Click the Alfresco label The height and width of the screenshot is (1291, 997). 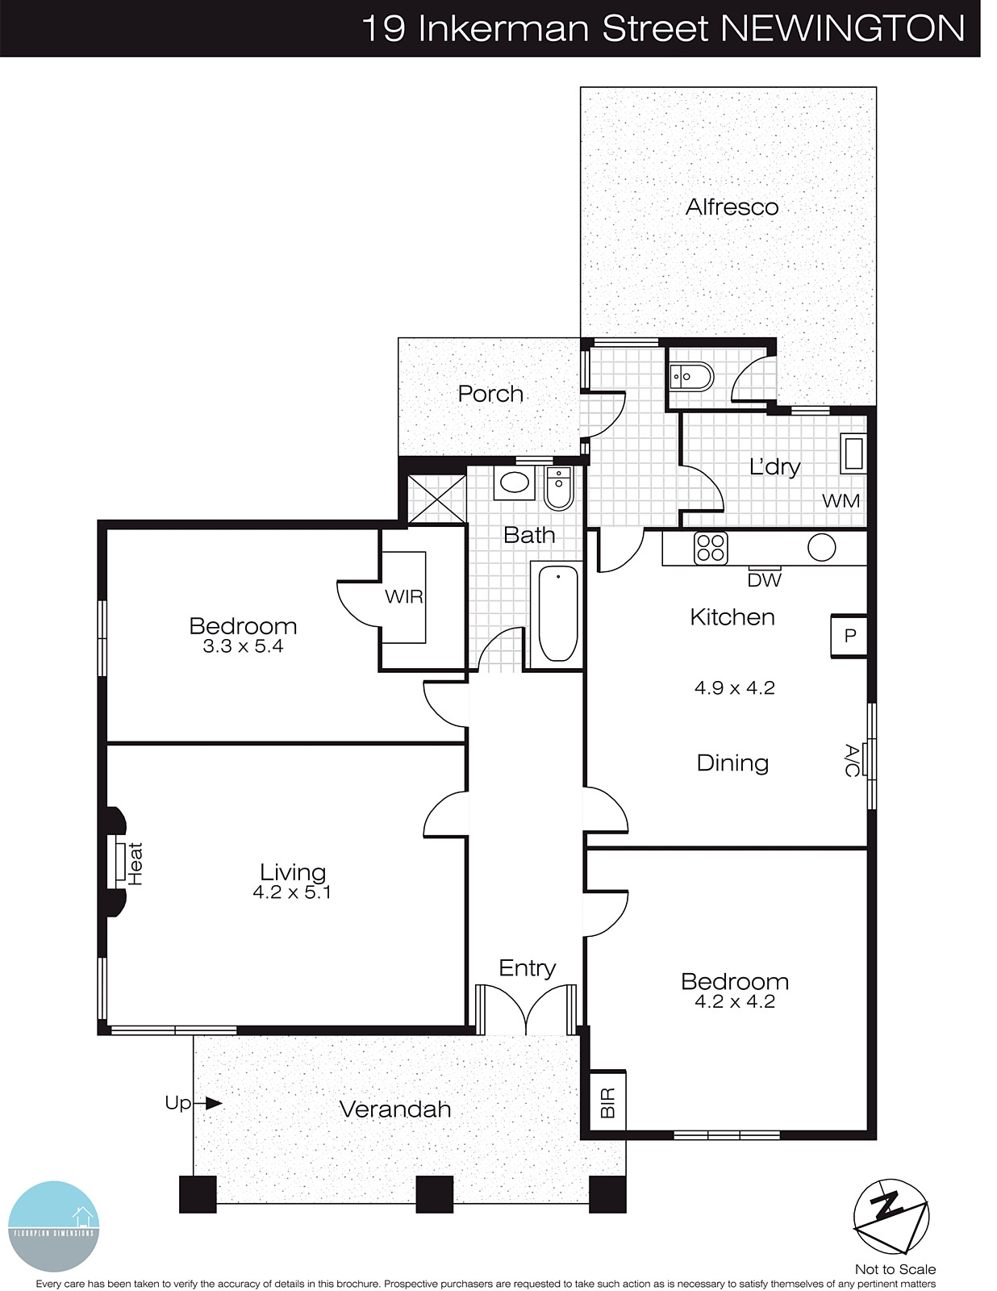pos(732,207)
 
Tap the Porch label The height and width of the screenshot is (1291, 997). pos(490,394)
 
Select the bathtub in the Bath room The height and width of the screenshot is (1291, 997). pos(557,613)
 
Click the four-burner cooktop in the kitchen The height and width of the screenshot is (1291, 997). pos(711,549)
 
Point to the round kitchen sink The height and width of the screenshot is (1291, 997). pos(821,548)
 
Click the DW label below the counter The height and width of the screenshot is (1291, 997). pos(764,579)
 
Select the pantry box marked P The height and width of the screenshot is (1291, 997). pos(849,636)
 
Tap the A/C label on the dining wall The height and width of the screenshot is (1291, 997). pos(851,760)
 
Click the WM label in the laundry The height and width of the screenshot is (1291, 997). pos(841,500)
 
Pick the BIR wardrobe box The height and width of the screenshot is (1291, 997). pos(607,1102)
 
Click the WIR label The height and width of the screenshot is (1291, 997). pos(403,597)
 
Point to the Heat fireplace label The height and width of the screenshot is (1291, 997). pos(135,863)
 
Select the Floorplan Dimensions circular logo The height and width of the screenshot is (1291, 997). pos(53,1226)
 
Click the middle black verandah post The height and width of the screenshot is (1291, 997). pos(434,1194)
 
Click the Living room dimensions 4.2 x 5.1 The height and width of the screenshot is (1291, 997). pos(291,892)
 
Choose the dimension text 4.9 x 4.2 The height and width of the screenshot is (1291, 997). pos(734,688)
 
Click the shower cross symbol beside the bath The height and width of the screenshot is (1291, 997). pos(436,499)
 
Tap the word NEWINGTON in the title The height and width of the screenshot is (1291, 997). pos(842,29)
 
